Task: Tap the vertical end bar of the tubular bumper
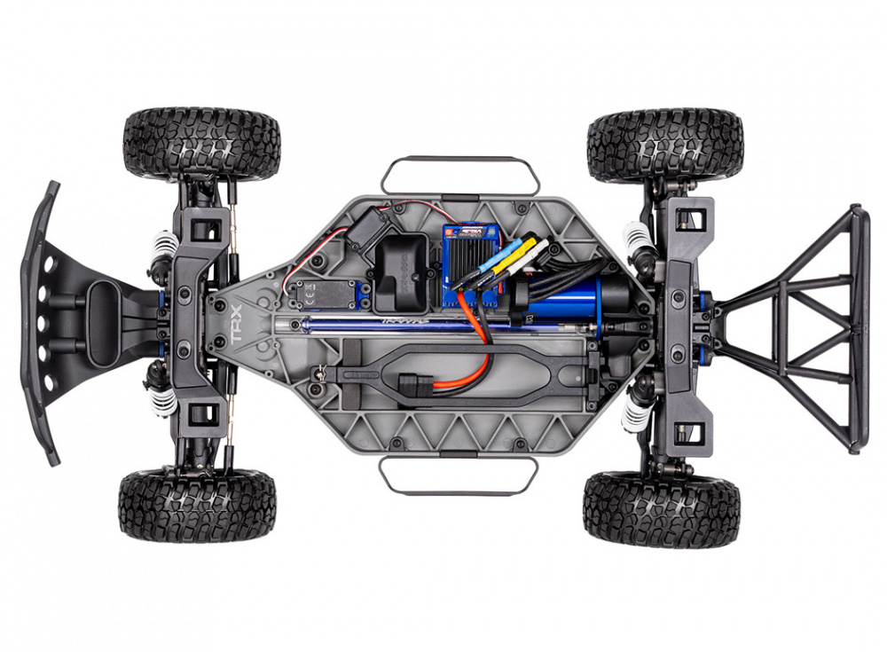[856, 328]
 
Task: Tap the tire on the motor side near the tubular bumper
[665, 145]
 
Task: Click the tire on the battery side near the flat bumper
[197, 506]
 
